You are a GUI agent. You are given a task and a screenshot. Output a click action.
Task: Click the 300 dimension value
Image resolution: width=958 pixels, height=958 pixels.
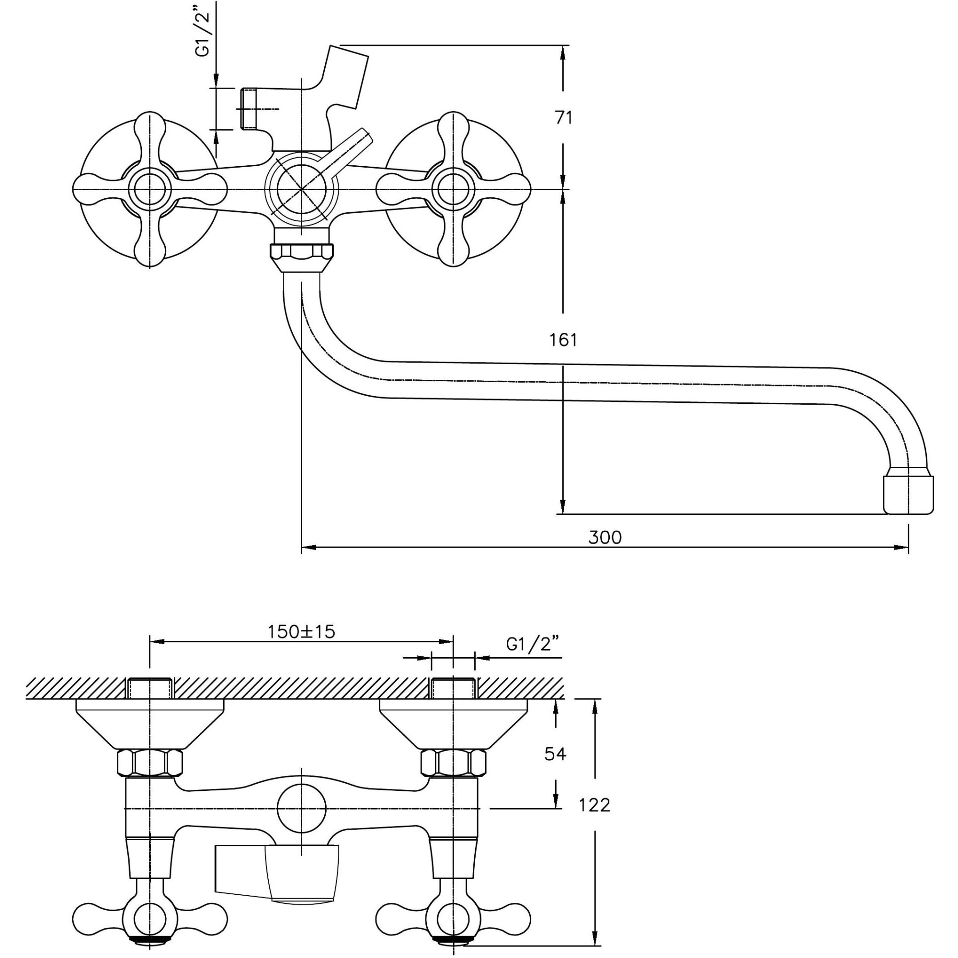(604, 537)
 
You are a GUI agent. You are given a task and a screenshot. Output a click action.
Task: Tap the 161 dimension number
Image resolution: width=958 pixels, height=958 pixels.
(563, 340)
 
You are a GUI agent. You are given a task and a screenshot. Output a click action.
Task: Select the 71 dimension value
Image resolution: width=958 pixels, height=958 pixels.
(563, 118)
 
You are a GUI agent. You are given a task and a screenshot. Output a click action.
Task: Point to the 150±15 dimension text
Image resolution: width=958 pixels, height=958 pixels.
(301, 632)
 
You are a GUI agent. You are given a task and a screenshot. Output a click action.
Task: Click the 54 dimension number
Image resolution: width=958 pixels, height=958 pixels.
(555, 754)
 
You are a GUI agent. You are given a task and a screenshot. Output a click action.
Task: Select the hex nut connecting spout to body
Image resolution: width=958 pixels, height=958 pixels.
(301, 252)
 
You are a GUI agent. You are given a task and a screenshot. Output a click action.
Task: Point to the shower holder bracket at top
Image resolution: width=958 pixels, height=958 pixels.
(347, 74)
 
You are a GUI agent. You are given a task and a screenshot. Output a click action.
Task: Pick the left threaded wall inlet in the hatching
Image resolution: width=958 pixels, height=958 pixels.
(150, 688)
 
